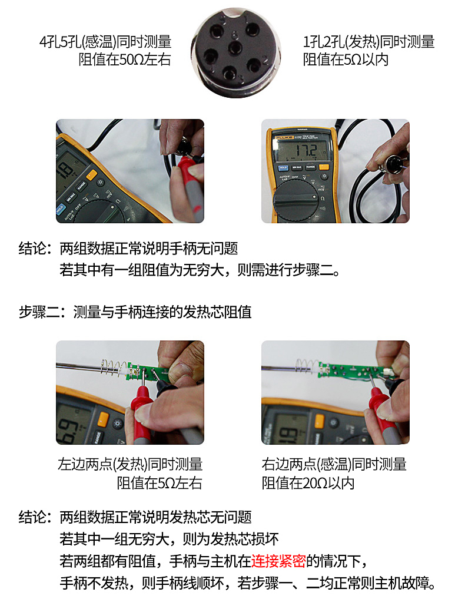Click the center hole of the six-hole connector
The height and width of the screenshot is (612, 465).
pos(235,49)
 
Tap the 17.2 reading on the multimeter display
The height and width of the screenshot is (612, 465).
pos(306,151)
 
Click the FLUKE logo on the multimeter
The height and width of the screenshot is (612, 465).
pos(284,138)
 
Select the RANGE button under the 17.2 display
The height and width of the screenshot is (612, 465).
pos(311,167)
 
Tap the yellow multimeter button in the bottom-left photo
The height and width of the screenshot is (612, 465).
pos(103,419)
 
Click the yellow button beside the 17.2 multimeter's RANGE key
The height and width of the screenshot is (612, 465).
pos(324,167)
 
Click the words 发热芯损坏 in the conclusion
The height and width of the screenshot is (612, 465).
pos(244,539)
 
